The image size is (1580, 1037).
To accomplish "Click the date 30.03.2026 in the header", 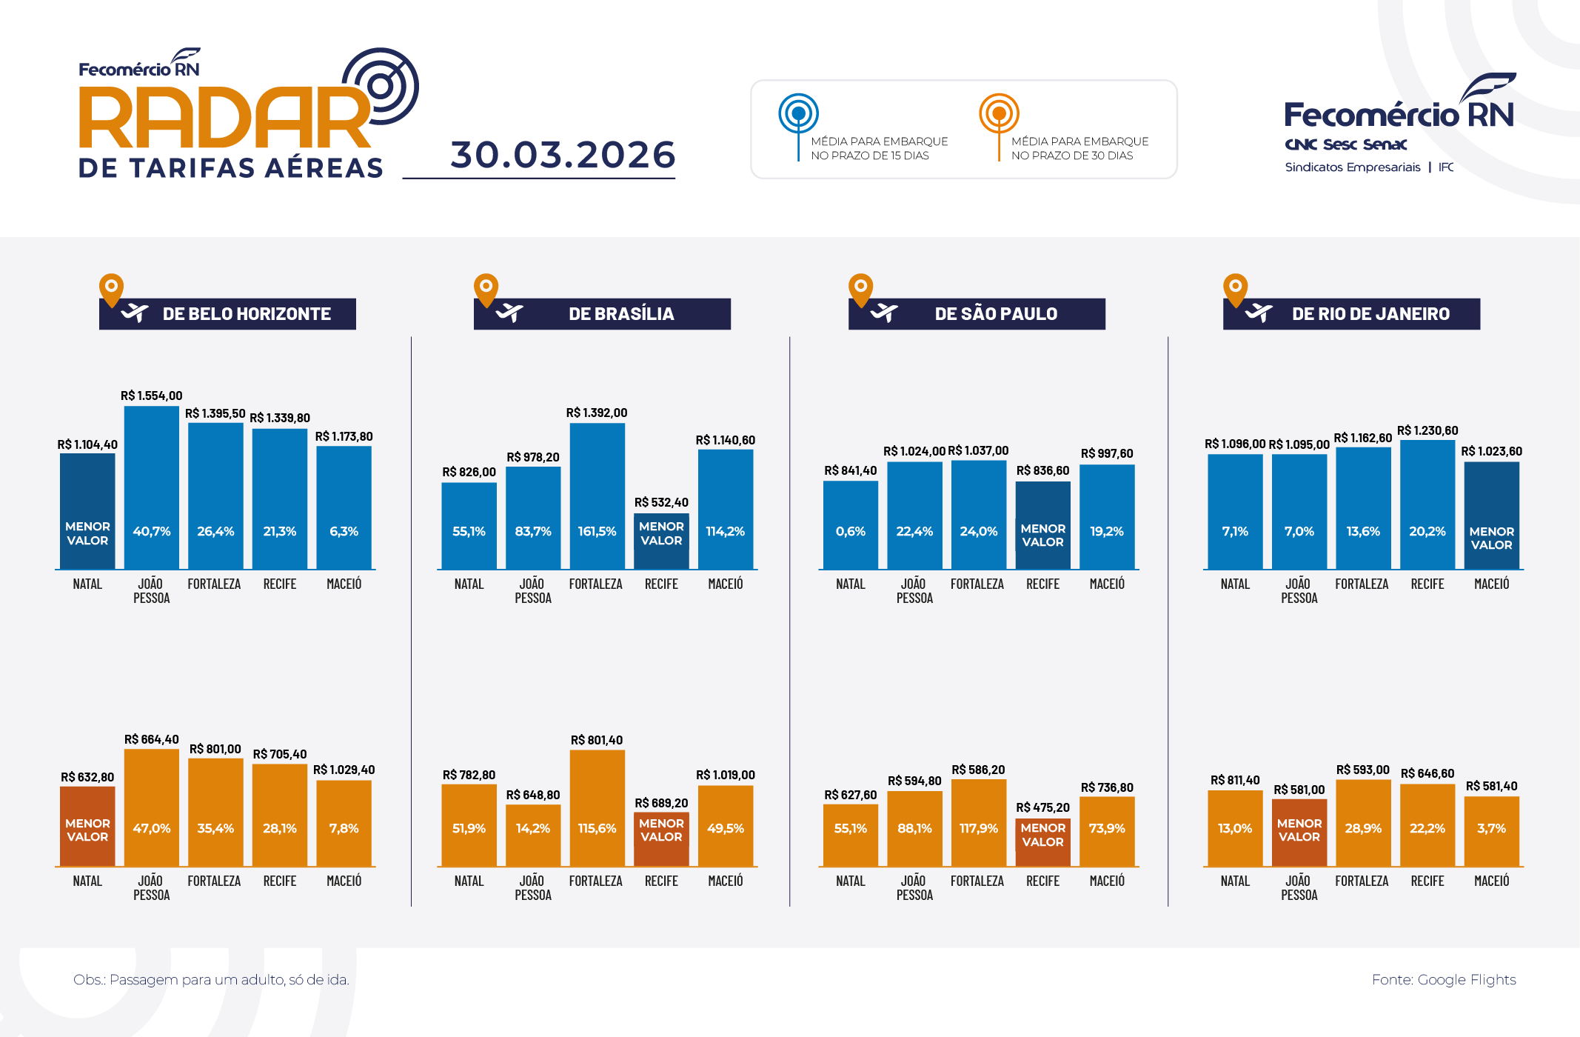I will coord(563,155).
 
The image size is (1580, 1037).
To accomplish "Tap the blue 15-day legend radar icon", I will coord(798,114).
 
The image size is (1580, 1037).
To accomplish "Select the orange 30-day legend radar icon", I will coord(999,114).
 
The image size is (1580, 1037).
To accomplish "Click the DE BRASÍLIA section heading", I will coord(620,314).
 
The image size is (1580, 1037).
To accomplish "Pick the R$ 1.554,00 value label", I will coord(151,396).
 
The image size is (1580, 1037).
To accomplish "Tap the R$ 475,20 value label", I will coord(1042,807).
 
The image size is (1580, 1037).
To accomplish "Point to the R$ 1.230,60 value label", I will coord(1427,430).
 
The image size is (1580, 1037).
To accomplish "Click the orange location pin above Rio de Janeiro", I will coord(1235,289).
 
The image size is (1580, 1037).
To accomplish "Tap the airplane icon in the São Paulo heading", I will coord(883,313).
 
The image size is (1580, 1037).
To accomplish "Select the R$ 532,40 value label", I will coord(661,502).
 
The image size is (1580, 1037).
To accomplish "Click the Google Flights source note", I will coord(1443,979).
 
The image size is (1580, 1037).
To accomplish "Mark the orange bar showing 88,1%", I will coord(914,828).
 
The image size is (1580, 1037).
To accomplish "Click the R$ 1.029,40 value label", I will coord(344,770).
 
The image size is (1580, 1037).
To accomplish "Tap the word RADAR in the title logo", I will coord(224,119).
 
